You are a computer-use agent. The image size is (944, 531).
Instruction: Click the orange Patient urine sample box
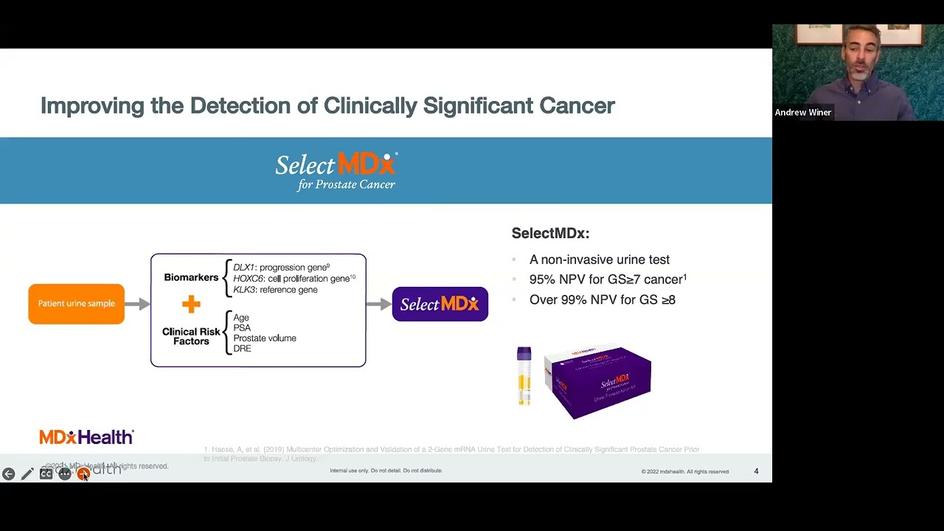click(76, 304)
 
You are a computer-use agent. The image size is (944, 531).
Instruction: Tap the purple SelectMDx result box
click(440, 304)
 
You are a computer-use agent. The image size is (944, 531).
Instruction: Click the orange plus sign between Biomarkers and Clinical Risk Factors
click(191, 304)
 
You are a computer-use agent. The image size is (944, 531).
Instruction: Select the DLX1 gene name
click(243, 268)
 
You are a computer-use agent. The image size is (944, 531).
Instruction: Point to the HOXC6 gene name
click(248, 279)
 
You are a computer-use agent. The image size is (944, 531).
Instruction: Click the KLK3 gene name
click(243, 290)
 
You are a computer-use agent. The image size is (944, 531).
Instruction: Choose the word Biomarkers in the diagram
click(191, 277)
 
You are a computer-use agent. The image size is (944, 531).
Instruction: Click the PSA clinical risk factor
click(242, 328)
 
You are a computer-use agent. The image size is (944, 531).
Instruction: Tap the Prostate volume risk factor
click(265, 339)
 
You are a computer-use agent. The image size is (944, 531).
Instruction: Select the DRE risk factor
click(242, 349)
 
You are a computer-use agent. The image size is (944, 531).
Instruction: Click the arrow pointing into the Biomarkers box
click(137, 304)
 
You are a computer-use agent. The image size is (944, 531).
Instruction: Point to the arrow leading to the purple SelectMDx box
click(378, 304)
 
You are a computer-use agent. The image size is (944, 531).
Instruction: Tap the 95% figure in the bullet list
click(542, 280)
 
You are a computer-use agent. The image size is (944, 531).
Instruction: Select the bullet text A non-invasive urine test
click(599, 260)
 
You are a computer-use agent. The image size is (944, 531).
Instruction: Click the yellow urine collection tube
click(524, 376)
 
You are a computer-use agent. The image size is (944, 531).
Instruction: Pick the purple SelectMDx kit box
click(598, 382)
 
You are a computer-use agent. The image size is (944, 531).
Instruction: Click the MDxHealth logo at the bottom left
click(86, 437)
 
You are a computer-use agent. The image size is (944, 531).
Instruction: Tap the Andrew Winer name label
click(802, 113)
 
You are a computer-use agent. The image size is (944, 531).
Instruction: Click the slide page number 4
click(756, 471)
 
